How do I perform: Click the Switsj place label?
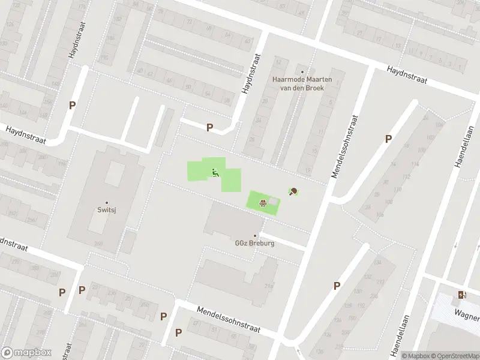107,210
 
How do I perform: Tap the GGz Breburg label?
254,243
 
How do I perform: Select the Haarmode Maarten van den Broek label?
302,83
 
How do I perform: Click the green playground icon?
215,173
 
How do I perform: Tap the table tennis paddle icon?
293,192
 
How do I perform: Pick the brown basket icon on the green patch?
262,202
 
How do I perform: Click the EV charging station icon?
461,294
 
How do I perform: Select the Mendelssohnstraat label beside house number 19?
345,147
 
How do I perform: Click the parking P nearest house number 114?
388,139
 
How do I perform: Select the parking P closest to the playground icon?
209,127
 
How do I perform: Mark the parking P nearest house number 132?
337,286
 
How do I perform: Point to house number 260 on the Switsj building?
97,243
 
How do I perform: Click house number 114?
415,164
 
